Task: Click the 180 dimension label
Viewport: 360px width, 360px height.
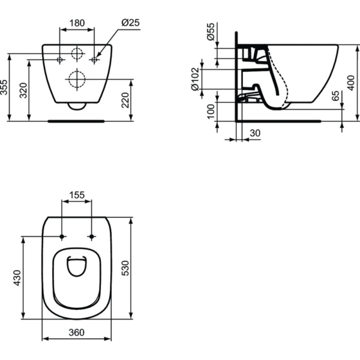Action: (x=77, y=22)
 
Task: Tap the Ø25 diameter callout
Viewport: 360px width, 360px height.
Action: (x=130, y=22)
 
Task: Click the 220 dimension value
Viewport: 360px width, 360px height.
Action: (x=125, y=99)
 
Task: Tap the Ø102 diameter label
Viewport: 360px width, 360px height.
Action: (x=195, y=78)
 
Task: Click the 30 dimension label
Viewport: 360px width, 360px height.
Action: (x=255, y=133)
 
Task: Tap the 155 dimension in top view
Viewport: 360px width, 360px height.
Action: (x=77, y=194)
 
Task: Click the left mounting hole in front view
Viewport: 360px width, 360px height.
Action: (x=60, y=60)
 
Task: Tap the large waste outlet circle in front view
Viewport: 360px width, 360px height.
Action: (x=77, y=78)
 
